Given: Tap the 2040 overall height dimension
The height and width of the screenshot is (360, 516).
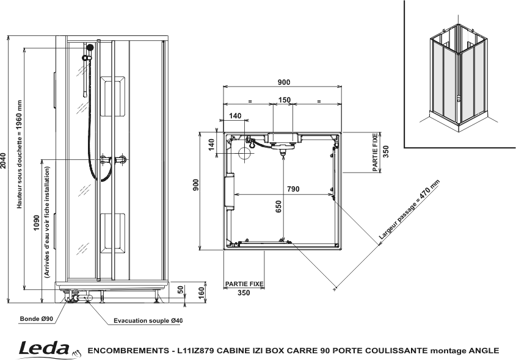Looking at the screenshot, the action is (x=3, y=160).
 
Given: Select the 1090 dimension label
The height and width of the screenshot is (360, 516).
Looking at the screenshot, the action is (x=37, y=223).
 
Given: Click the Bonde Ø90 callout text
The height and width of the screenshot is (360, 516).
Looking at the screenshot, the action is (x=36, y=319).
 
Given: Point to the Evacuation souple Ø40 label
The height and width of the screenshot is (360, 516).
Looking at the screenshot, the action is (x=148, y=320).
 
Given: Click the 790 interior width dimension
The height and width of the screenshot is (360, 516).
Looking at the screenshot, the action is (x=293, y=189).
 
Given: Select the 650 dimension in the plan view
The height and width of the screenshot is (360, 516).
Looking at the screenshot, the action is (x=278, y=206).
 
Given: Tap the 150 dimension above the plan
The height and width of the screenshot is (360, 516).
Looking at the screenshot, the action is (x=285, y=99).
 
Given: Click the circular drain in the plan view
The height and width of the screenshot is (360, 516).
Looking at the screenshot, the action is (x=245, y=154).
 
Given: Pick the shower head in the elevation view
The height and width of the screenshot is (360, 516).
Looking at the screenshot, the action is (x=90, y=48).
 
